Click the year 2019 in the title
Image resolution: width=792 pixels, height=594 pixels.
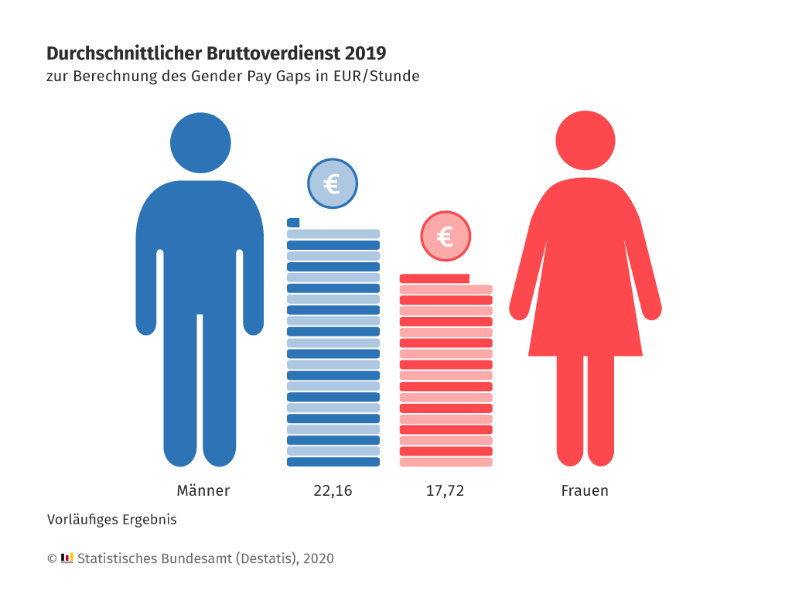tap(365, 53)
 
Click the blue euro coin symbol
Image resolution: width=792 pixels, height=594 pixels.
tap(333, 184)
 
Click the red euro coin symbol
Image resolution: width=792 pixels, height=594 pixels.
tap(445, 236)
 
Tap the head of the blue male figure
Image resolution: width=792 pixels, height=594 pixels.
tap(200, 143)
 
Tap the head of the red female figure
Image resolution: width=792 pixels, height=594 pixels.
tap(585, 141)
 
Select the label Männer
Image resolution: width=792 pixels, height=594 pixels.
tap(203, 491)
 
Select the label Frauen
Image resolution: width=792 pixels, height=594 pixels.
tap(585, 491)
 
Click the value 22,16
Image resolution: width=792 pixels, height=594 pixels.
tap(333, 491)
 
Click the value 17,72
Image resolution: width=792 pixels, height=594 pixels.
tap(445, 491)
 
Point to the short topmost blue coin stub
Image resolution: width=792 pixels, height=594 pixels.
tap(293, 223)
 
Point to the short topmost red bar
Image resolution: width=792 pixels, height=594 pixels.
tap(434, 278)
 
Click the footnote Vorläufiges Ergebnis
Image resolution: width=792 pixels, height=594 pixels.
tap(111, 520)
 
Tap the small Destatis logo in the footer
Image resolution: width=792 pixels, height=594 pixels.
tap(67, 558)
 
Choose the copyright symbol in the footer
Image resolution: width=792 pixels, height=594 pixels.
tap(52, 558)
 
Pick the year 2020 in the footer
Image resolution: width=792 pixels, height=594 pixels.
tap(319, 558)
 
